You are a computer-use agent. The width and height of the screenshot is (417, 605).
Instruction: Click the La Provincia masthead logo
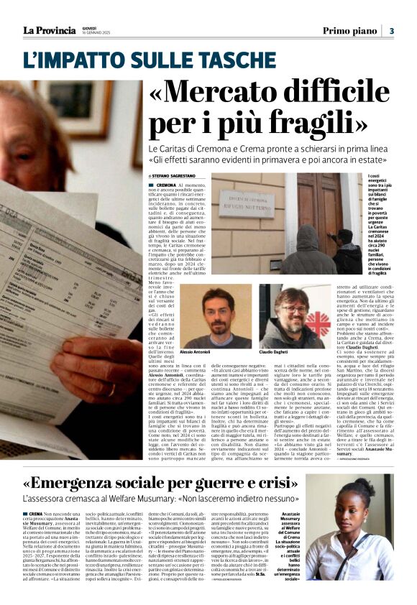point(49,30)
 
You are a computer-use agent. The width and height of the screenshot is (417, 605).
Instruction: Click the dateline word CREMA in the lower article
point(35,514)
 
